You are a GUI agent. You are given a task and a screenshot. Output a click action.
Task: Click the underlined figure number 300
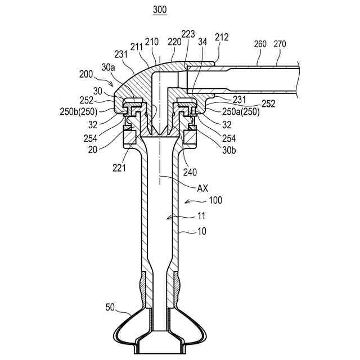tap(160, 11)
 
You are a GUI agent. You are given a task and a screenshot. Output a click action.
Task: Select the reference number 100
tap(215, 200)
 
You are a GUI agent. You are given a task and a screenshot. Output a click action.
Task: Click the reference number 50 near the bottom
tap(111, 307)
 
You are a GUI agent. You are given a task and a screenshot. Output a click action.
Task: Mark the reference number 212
tap(222, 38)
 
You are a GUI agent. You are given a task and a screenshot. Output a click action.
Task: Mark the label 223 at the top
tap(188, 35)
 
